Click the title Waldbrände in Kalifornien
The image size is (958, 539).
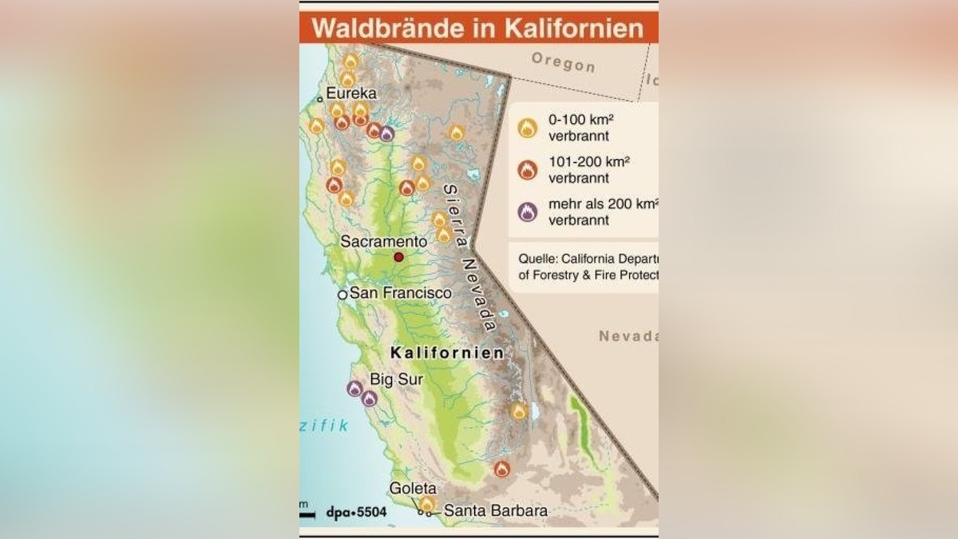click(477, 28)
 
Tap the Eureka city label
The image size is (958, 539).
click(351, 93)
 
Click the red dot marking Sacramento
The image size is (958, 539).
click(398, 257)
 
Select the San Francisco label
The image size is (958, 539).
click(401, 293)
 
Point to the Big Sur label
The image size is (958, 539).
click(396, 379)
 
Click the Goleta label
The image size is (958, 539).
click(413, 488)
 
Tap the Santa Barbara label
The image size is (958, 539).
click(496, 511)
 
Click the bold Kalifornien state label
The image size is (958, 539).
click(447, 353)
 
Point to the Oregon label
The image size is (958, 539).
click(563, 61)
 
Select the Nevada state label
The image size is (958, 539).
click(628, 336)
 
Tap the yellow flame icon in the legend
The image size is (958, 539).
click(527, 127)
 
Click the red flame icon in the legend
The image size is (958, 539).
click(527, 169)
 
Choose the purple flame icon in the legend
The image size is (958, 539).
click(527, 212)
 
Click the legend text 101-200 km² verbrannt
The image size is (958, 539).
click(589, 169)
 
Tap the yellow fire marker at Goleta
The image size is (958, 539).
click(427, 504)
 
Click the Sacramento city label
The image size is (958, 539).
click(384, 240)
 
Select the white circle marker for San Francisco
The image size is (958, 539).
click(342, 295)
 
